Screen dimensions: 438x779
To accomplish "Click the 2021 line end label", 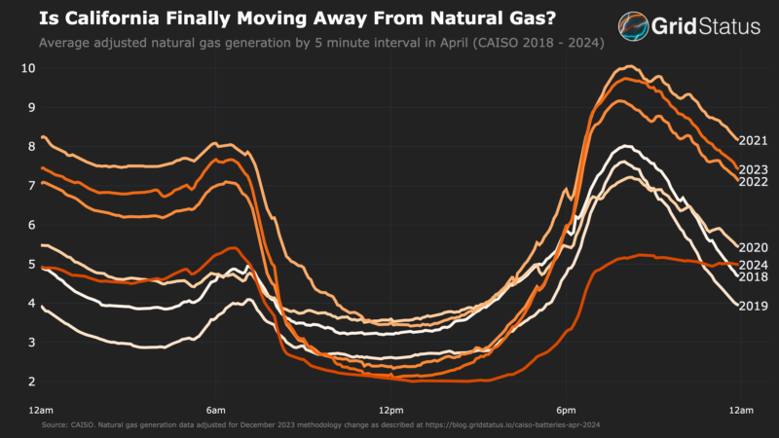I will (x=754, y=141).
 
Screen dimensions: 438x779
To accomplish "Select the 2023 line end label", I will (x=754, y=169).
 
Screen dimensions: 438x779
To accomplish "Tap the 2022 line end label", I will (x=754, y=182).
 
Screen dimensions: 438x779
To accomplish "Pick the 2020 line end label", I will (x=754, y=248).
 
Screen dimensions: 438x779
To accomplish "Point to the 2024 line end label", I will (x=754, y=265).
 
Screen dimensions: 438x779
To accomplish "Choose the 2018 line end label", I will (x=754, y=277).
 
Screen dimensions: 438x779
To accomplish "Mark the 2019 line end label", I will (x=754, y=307).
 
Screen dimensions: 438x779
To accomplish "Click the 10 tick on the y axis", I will (x=29, y=68).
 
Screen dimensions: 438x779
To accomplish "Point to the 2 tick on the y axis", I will (x=32, y=381).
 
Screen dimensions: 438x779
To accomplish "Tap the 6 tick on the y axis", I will (x=32, y=224).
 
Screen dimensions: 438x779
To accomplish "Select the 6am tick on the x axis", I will (x=216, y=411).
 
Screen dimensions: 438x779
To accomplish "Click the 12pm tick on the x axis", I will (x=390, y=411).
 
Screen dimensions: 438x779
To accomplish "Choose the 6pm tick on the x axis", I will (x=566, y=411).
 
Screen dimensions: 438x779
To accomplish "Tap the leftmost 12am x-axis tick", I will (x=41, y=411).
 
